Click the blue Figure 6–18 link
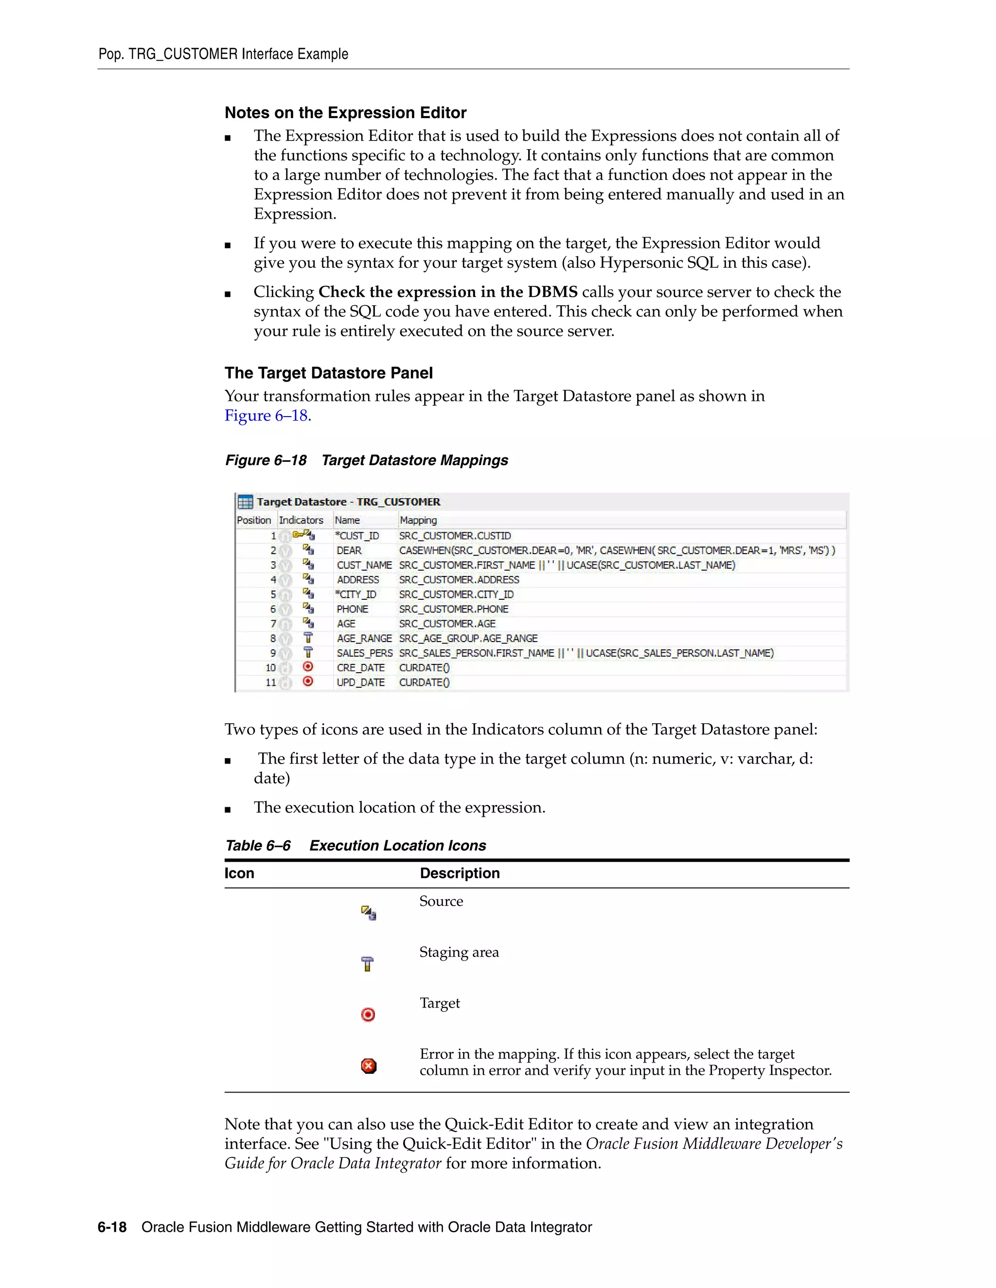pos(266,416)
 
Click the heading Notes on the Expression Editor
pos(345,113)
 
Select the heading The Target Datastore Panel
pos(329,373)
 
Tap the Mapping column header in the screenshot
pos(418,520)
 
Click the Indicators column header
pos(301,520)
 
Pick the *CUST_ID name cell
pos(357,536)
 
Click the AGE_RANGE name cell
pos(364,638)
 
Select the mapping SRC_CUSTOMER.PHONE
pos(453,609)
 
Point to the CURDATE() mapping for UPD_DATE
pos(424,682)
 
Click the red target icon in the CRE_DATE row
pos(307,667)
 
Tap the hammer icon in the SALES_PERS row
pos(307,652)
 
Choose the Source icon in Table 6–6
pos(368,913)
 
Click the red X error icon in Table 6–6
pos(368,1066)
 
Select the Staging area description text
pos(459,952)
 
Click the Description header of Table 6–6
pos(460,873)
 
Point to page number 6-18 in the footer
pos(112,1227)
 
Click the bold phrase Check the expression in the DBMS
pos(448,292)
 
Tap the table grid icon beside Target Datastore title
pos(245,502)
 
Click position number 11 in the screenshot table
pos(270,682)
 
